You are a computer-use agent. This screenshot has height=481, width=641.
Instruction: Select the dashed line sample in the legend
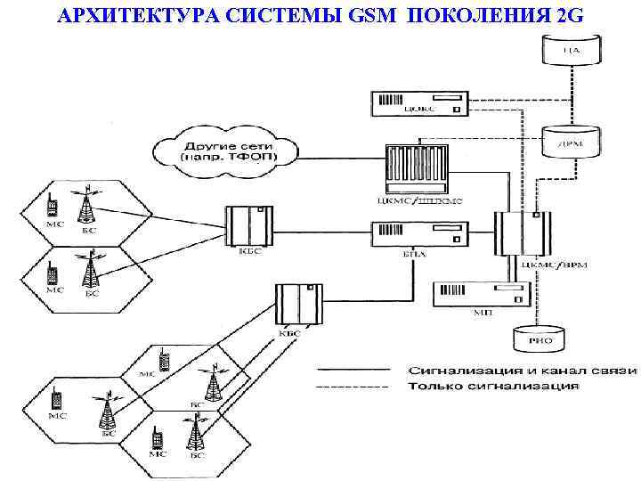coord(353,387)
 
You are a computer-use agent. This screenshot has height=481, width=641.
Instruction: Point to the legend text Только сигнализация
coord(493,387)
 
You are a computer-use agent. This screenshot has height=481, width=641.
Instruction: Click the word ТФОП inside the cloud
coord(256,157)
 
